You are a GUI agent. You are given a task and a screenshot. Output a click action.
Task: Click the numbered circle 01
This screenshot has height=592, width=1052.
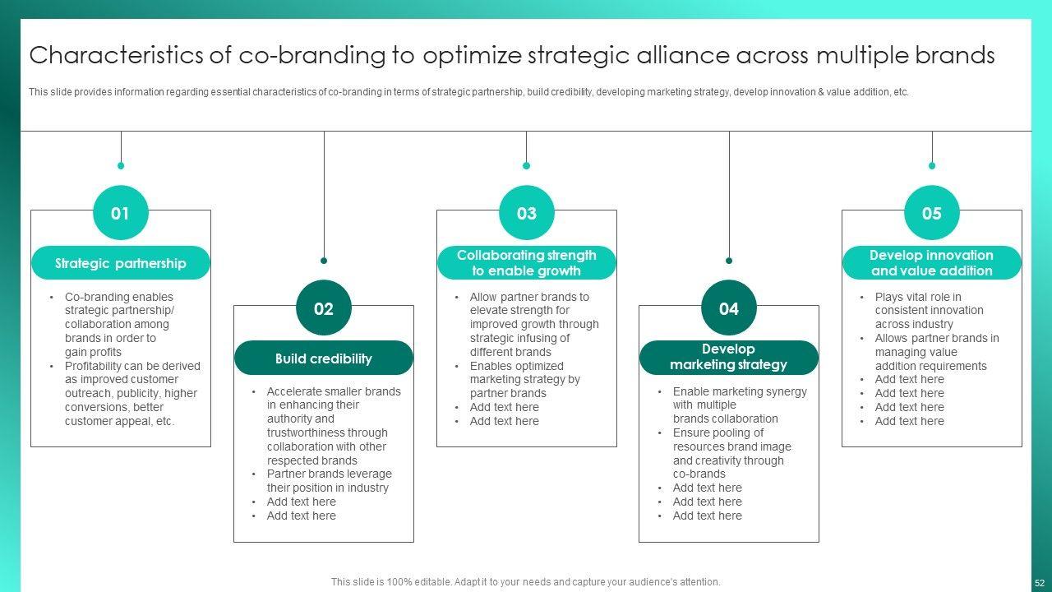click(121, 214)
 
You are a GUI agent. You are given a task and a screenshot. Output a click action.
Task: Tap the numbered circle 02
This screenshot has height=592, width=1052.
click(324, 309)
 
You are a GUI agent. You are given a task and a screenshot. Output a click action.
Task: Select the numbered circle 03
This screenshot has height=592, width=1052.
click(527, 214)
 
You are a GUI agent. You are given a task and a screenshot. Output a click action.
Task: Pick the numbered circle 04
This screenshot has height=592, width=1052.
click(729, 309)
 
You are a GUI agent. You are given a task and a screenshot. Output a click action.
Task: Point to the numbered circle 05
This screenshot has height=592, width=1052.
click(932, 214)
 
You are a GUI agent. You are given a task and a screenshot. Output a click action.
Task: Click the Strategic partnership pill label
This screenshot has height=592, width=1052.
click(121, 263)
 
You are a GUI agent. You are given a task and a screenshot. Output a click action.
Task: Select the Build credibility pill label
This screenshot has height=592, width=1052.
click(324, 358)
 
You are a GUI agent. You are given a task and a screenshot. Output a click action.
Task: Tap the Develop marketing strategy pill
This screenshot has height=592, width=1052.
click(729, 358)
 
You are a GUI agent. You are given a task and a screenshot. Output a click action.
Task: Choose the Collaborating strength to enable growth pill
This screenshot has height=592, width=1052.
click(527, 263)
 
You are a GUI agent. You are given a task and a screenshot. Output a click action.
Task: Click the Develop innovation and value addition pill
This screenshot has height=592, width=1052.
click(932, 263)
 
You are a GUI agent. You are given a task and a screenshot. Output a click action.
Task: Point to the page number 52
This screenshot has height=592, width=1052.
click(1040, 582)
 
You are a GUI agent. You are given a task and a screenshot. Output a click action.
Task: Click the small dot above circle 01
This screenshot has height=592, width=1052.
click(121, 165)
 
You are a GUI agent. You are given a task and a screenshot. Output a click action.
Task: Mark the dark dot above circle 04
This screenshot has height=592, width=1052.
click(729, 261)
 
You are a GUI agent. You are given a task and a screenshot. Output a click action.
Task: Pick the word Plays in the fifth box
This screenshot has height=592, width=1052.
click(889, 297)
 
